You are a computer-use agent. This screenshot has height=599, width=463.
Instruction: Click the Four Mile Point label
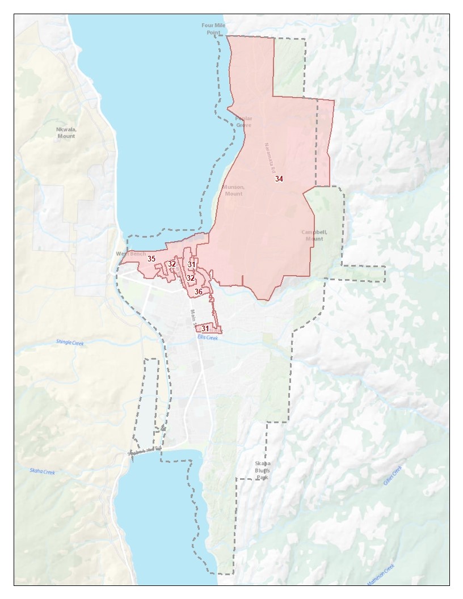[213, 29]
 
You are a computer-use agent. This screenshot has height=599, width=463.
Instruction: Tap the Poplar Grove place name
[243, 122]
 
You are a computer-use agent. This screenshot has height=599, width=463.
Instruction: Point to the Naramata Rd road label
[269, 158]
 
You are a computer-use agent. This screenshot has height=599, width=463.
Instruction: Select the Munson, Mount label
[233, 190]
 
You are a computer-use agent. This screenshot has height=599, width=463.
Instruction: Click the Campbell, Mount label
[314, 235]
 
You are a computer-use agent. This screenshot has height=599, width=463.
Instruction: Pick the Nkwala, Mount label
[66, 133]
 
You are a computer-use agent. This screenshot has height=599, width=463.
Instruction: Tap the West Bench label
[131, 254]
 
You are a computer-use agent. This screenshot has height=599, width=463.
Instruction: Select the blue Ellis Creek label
[208, 338]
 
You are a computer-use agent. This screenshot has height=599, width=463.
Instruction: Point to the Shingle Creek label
[69, 343]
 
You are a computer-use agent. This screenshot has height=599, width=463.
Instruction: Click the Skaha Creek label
[43, 471]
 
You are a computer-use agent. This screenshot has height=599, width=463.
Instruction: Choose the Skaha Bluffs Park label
[262, 470]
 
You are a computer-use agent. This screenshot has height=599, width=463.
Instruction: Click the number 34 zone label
[279, 179]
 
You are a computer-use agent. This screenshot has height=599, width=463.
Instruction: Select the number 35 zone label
[151, 259]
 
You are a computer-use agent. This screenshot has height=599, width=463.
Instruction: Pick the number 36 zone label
[199, 292]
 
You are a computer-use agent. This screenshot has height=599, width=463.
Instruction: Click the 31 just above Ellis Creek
[205, 328]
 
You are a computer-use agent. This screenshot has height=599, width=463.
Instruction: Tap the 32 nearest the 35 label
[171, 264]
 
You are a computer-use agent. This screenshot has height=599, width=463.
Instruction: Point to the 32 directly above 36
[191, 278]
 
